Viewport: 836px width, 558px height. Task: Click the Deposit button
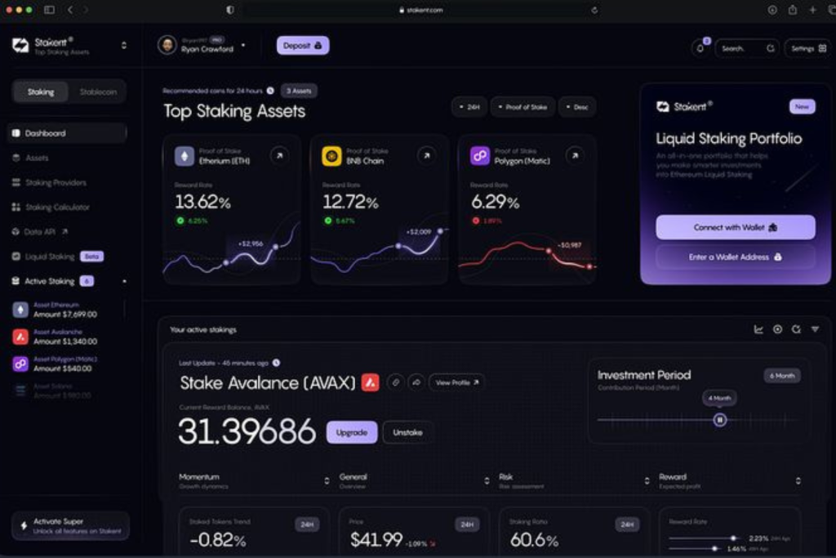(x=302, y=46)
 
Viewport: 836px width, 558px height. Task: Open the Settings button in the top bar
(x=807, y=48)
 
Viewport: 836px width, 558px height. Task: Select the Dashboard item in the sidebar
(x=45, y=133)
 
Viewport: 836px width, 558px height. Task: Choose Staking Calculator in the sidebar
(x=57, y=208)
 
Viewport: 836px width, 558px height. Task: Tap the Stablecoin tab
(x=98, y=92)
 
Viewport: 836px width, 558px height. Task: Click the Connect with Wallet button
(x=735, y=227)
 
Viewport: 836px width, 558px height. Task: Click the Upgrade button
(x=352, y=432)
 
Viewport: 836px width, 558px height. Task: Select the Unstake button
(x=407, y=432)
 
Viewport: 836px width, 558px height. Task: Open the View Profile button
(x=456, y=382)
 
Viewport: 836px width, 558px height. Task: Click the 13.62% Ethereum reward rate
(x=202, y=202)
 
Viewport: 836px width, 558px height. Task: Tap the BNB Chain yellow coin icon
(x=331, y=156)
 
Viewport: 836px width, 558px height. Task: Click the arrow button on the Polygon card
(x=575, y=155)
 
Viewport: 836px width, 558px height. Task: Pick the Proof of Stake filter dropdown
(x=522, y=107)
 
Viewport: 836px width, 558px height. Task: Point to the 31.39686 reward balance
(x=247, y=431)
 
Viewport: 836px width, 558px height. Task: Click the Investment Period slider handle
(x=719, y=420)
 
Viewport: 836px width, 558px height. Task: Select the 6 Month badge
(x=782, y=376)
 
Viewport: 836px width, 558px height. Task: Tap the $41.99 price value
(x=376, y=539)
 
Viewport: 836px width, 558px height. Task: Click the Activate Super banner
(x=70, y=525)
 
